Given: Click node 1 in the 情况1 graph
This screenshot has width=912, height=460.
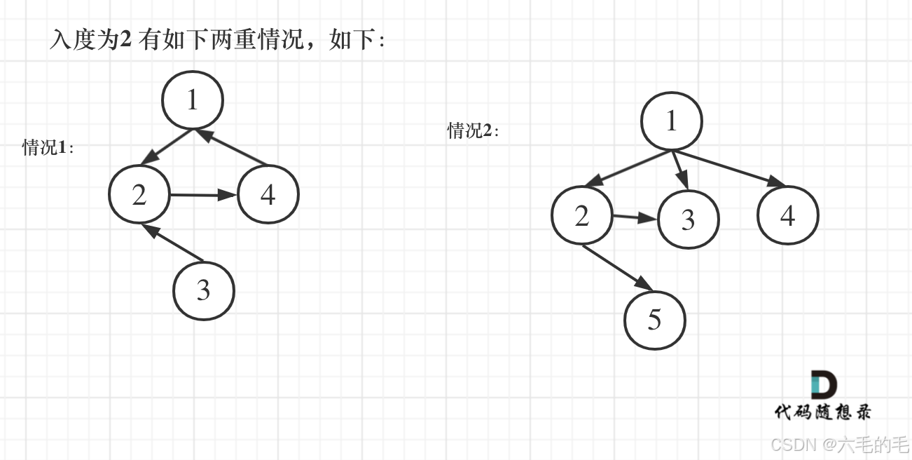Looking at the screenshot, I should coord(193,100).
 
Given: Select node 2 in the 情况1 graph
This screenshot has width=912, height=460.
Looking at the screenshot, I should coord(139,194).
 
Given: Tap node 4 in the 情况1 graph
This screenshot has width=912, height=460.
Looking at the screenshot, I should coord(268,194).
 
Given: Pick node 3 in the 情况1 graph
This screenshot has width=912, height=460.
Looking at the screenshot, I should coord(203,290).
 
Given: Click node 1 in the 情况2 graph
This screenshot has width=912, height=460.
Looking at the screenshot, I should coord(672,121).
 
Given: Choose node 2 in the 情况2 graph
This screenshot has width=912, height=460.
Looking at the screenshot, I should coord(581,216).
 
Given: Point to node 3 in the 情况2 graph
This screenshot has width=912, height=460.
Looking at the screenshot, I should coord(689,219).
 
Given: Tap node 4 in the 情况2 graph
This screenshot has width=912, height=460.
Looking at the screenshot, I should coord(788,215).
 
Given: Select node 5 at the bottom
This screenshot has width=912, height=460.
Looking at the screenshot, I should coord(654,320).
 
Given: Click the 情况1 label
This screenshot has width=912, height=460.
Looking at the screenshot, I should coord(48,147).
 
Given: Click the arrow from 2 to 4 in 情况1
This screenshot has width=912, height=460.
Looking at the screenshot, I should coord(203,195).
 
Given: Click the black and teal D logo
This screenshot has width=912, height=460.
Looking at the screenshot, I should coord(824,385).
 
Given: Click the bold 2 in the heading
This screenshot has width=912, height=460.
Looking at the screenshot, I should coord(126,39).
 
